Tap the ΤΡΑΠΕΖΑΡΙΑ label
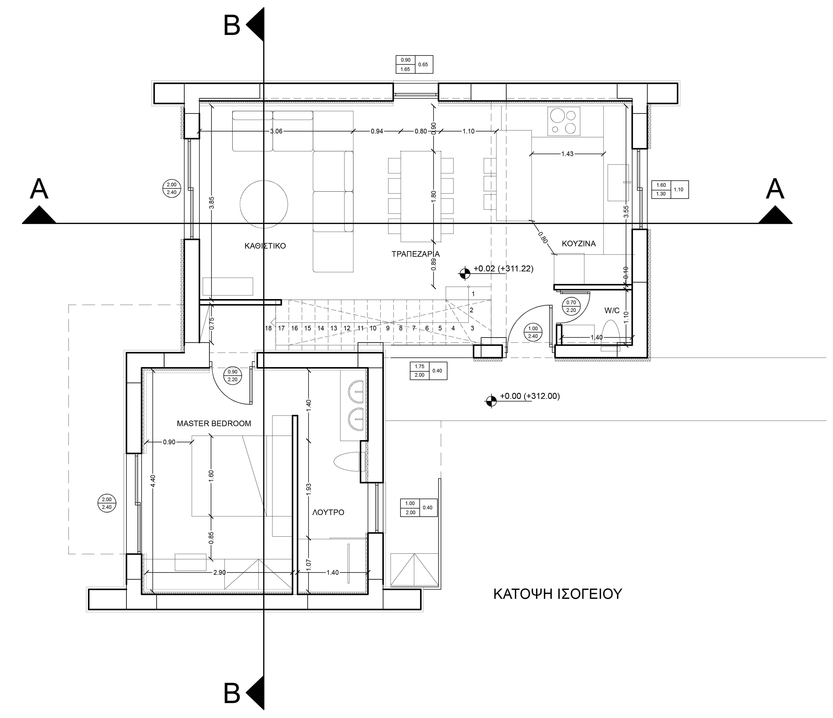point(416,254)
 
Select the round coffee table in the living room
point(264,204)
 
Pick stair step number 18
point(268,328)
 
